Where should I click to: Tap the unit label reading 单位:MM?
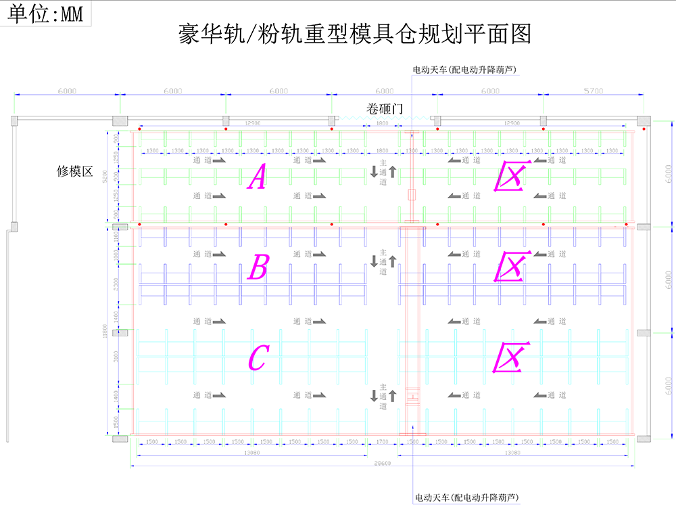[46, 14]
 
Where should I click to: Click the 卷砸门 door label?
[383, 108]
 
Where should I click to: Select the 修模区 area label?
[74, 171]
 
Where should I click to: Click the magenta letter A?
[257, 177]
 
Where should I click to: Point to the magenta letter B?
[258, 268]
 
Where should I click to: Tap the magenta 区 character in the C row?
[510, 357]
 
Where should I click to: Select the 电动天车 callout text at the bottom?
[466, 497]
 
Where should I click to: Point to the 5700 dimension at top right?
[593, 91]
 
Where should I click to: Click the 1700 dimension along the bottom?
[383, 442]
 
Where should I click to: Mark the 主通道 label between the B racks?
[383, 261]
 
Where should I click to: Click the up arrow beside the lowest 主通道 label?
[392, 395]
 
